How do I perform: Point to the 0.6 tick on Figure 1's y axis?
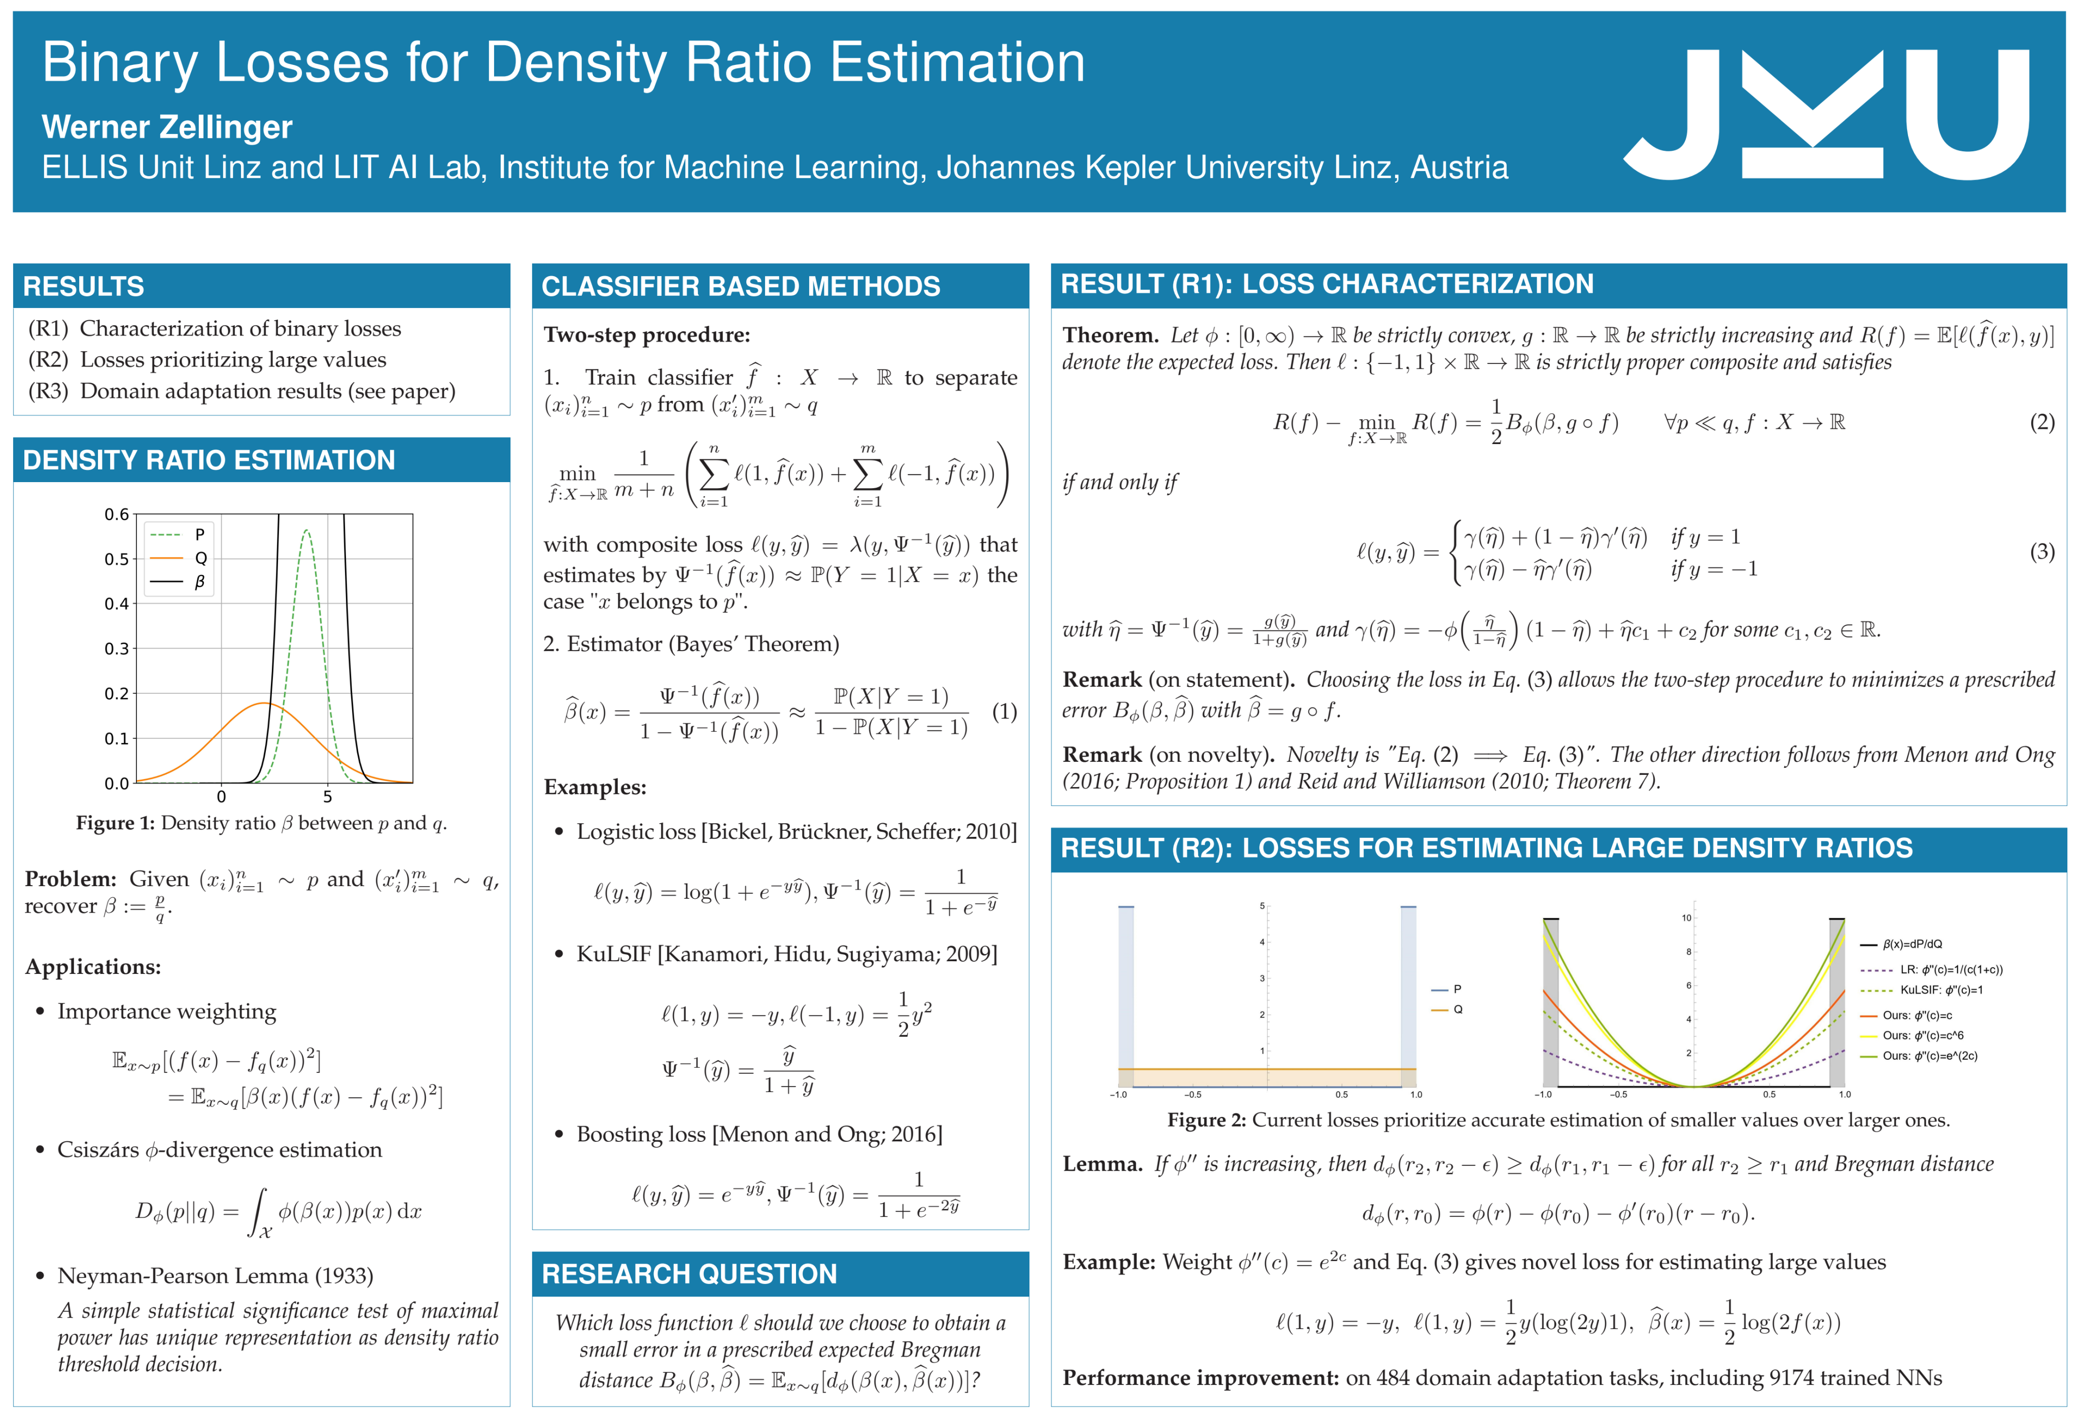pos(116,514)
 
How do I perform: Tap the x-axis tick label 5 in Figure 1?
pos(328,796)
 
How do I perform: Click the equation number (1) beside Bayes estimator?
pos(1004,712)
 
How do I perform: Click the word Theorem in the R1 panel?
pos(1110,335)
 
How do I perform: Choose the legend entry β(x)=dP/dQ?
pos(1912,944)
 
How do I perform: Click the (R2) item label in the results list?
pos(48,360)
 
